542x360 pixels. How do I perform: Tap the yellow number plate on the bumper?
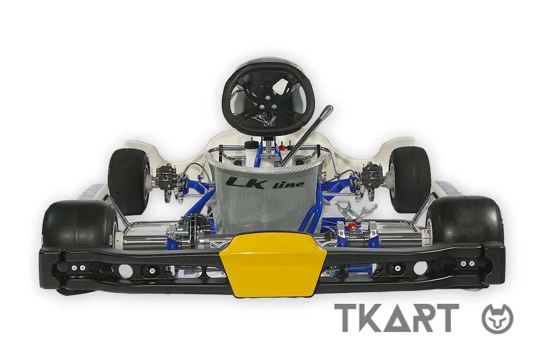click(273, 264)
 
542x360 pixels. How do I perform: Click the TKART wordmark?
click(396, 318)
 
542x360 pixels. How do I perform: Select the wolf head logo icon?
click(497, 319)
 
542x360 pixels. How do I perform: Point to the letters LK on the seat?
click(246, 183)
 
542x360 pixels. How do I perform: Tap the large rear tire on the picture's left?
click(80, 223)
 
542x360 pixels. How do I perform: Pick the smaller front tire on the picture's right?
click(410, 179)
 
